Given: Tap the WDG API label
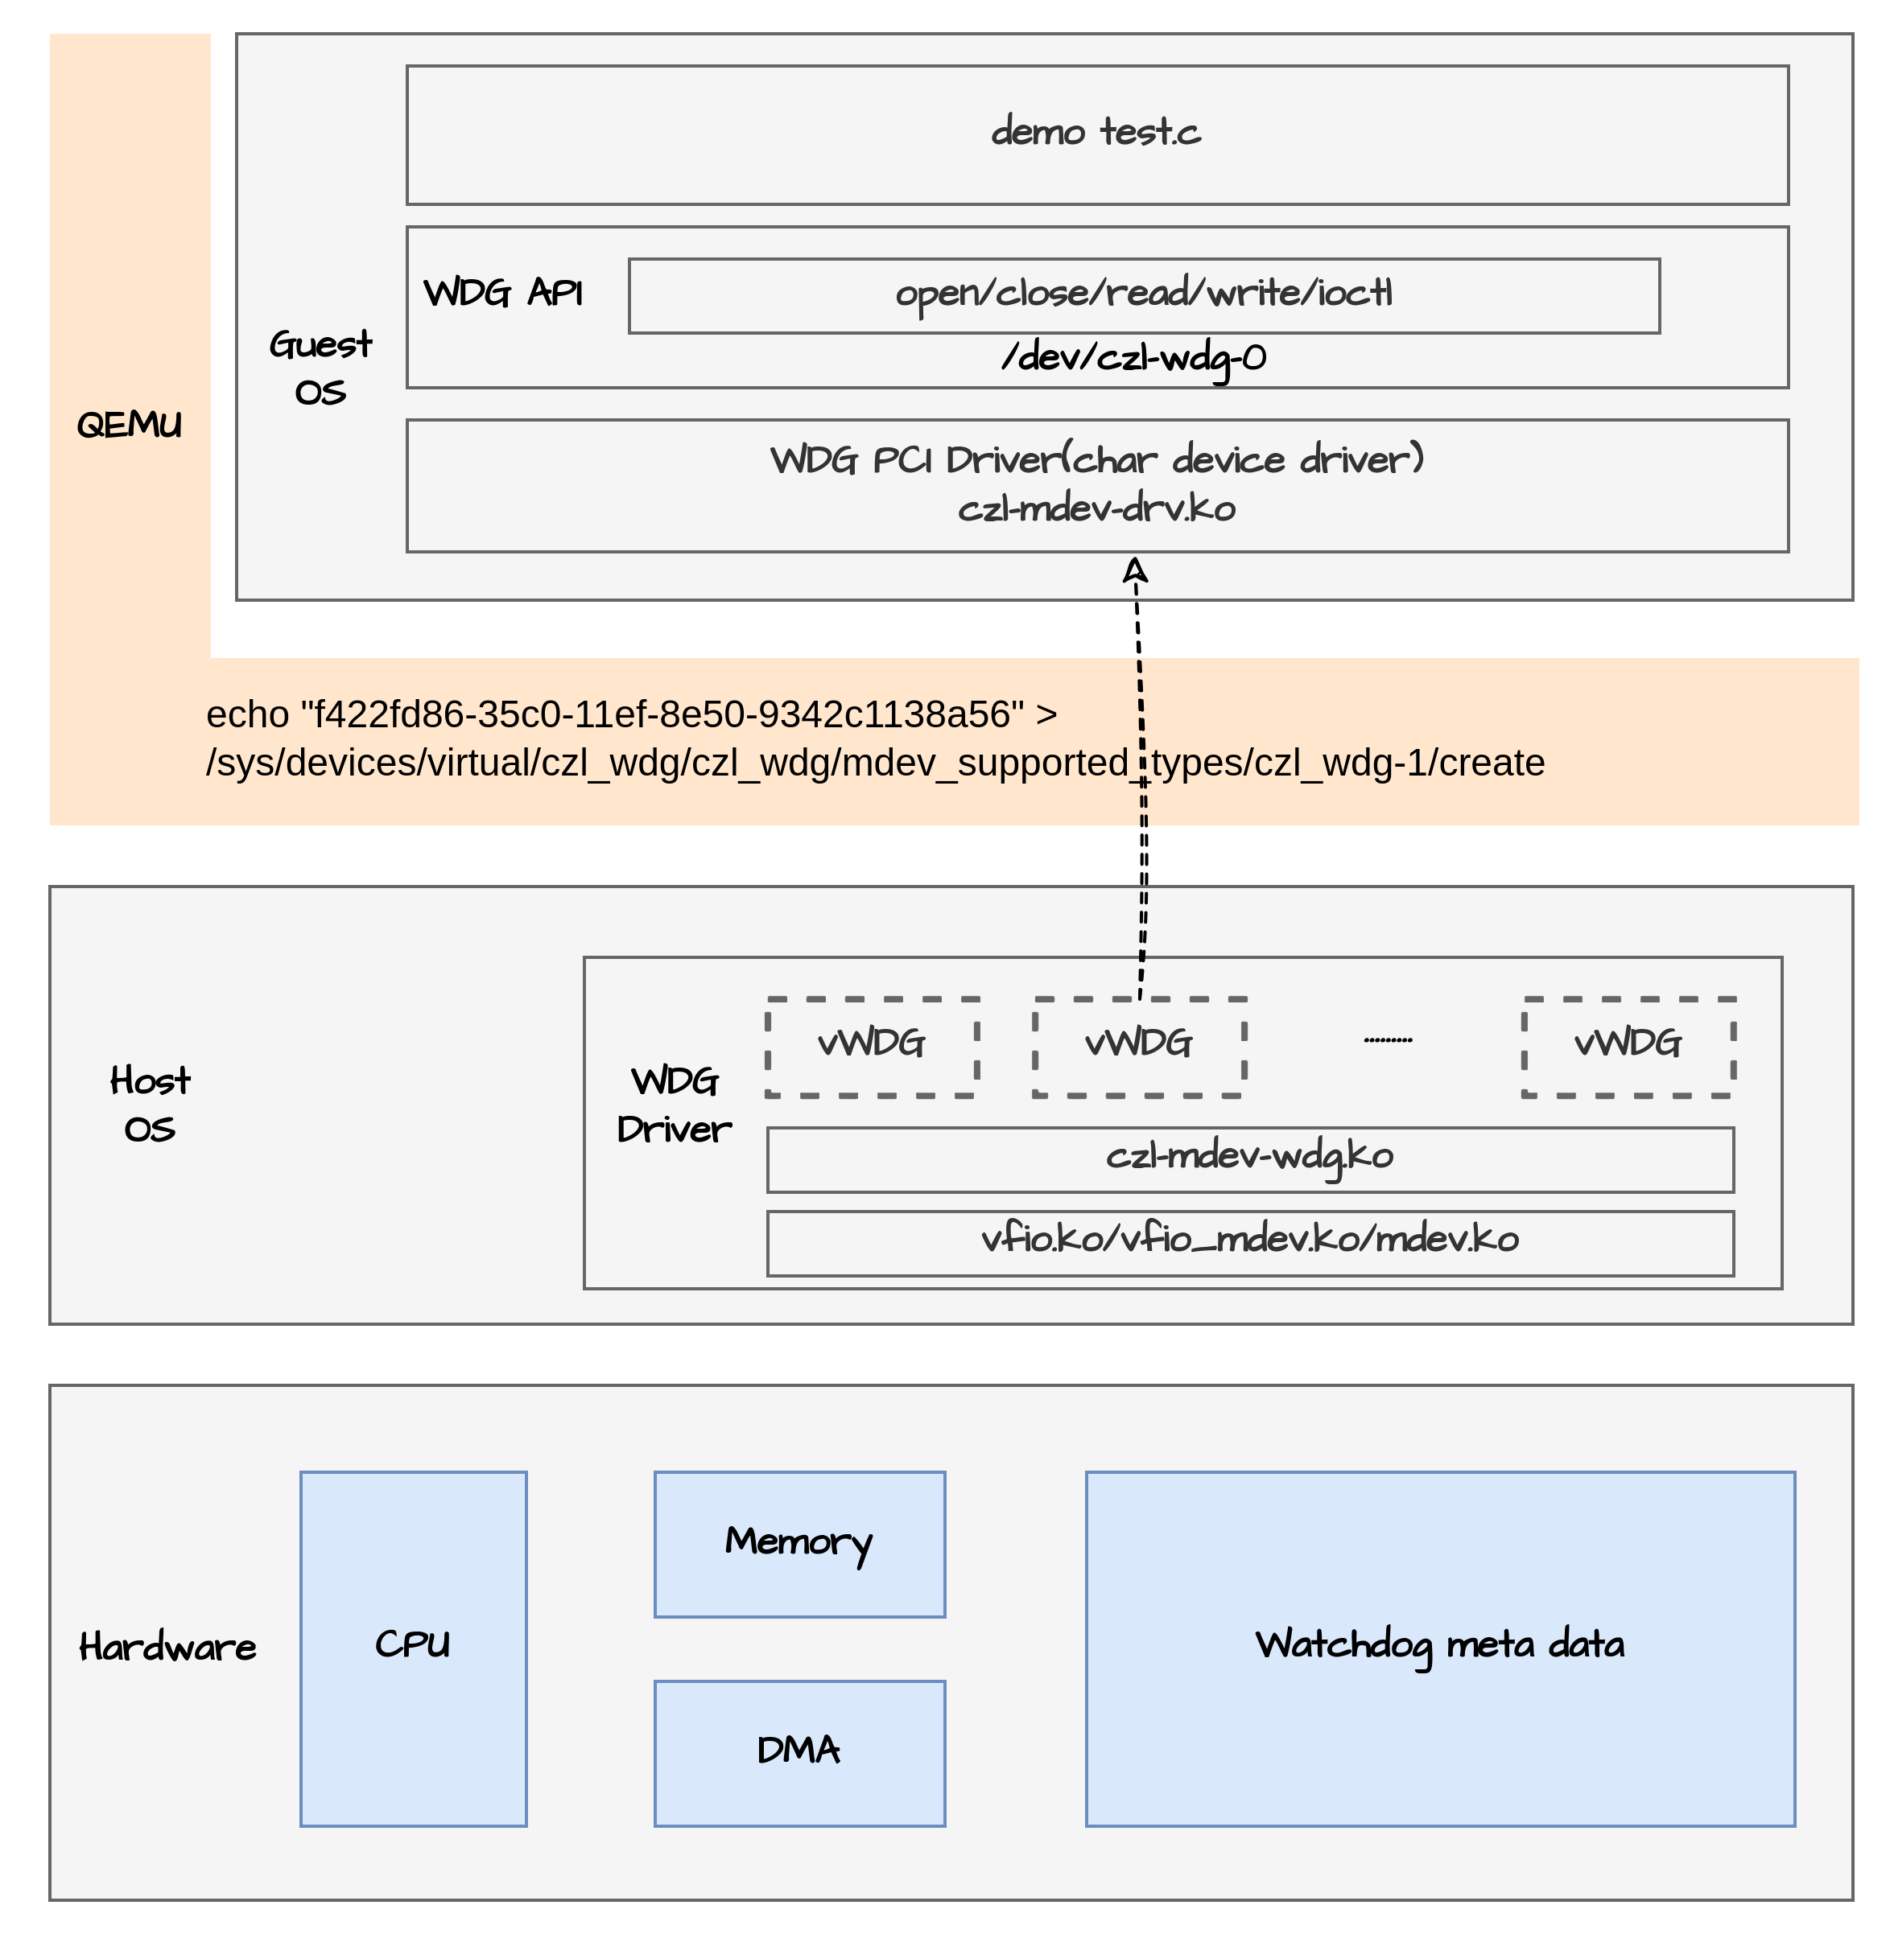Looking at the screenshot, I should (503, 293).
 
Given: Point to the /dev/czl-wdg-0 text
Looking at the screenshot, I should (1133, 357).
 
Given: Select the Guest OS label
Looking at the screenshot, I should (320, 367).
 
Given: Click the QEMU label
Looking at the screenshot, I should (129, 425).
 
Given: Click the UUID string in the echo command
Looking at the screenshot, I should (663, 714).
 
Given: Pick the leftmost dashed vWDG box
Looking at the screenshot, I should (872, 1046).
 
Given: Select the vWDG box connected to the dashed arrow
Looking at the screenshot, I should (1137, 1046).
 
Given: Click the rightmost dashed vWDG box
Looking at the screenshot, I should (1628, 1046).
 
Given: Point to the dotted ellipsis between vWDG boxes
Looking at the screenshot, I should (1388, 1040).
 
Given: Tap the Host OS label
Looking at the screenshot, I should (150, 1105).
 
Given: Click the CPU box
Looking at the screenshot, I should (413, 1648).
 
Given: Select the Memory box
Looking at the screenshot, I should (799, 1543).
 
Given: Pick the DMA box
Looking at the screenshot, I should (799, 1751).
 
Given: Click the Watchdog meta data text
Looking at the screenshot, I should (1439, 1645).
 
